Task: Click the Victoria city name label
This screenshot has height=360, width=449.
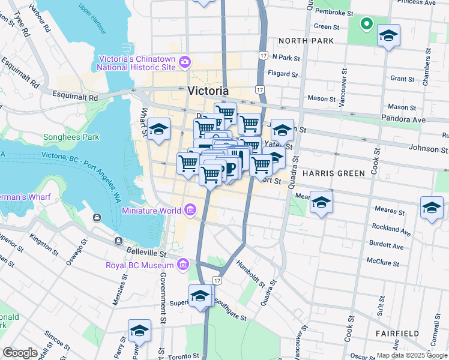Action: [208, 91]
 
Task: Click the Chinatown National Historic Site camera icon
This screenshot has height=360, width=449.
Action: [185, 62]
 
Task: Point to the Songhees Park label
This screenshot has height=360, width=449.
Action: [71, 137]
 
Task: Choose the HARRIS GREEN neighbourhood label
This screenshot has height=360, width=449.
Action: [333, 173]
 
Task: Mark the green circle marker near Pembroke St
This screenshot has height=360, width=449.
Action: [365, 24]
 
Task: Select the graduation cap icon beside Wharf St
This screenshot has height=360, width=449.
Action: [158, 129]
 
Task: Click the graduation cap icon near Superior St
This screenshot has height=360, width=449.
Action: [200, 295]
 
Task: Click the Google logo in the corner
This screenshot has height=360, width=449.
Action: [20, 353]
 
